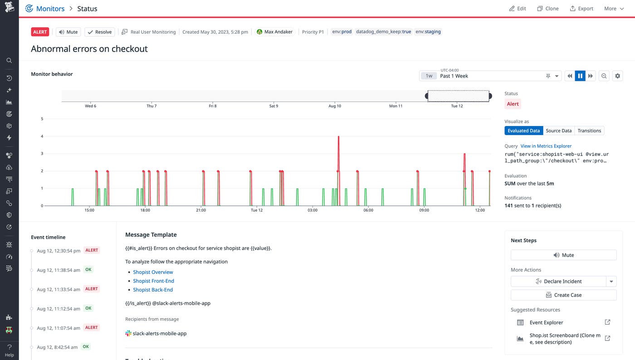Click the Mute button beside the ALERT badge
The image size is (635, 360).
pyautogui.click(x=68, y=32)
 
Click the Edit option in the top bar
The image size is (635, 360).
pyautogui.click(x=518, y=9)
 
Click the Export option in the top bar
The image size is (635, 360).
pyautogui.click(x=581, y=9)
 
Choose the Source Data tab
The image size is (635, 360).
pyautogui.click(x=558, y=131)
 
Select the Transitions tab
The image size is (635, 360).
pyautogui.click(x=589, y=131)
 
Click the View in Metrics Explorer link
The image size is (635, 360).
pyautogui.click(x=546, y=146)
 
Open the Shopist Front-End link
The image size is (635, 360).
pyautogui.click(x=153, y=281)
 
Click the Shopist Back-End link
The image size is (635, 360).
pyautogui.click(x=153, y=290)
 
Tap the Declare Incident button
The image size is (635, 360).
pyautogui.click(x=558, y=282)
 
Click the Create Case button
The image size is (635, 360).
pyautogui.click(x=563, y=295)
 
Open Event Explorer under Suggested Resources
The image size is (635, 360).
pyautogui.click(x=546, y=322)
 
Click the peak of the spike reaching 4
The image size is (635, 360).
pyautogui.click(x=338, y=136)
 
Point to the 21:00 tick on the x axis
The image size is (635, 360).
pyautogui.click(x=201, y=210)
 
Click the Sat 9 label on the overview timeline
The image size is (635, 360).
pyautogui.click(x=274, y=106)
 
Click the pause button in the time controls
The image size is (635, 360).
pyautogui.click(x=580, y=76)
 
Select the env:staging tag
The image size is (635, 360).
pyautogui.click(x=428, y=32)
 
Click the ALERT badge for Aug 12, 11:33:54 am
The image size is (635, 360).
pyautogui.click(x=92, y=289)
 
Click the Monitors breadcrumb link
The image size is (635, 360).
pyautogui.click(x=50, y=9)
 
